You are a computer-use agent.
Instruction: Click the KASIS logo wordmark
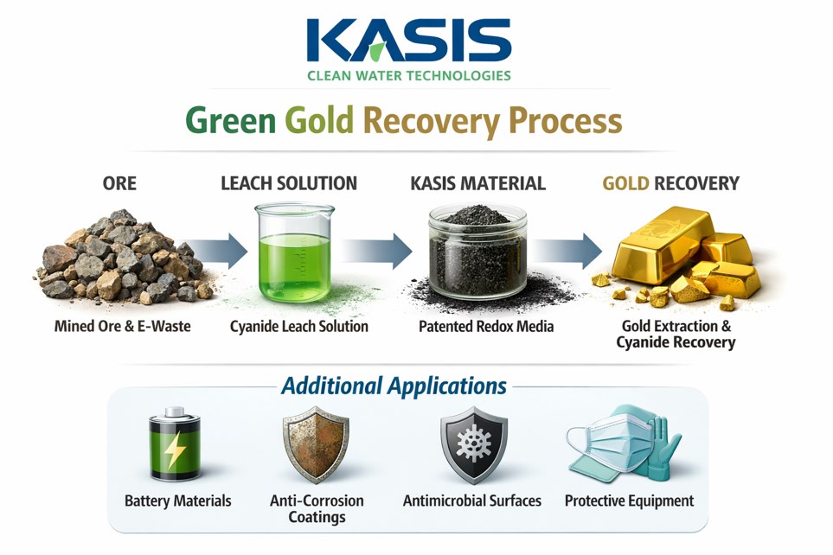[409, 40]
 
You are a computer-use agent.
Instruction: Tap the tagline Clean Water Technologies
[409, 75]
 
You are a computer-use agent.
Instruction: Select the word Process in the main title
[565, 120]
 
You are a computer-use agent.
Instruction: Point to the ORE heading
[119, 183]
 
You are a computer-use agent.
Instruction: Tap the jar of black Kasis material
[477, 251]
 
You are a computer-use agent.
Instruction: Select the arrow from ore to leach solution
[207, 252]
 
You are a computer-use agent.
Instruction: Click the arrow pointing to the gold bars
[567, 251]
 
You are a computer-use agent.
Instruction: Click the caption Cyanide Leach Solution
[299, 327]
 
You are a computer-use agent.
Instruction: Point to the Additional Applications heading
[394, 384]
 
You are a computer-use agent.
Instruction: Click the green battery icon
[176, 447]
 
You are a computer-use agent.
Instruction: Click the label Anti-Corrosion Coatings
[317, 509]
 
